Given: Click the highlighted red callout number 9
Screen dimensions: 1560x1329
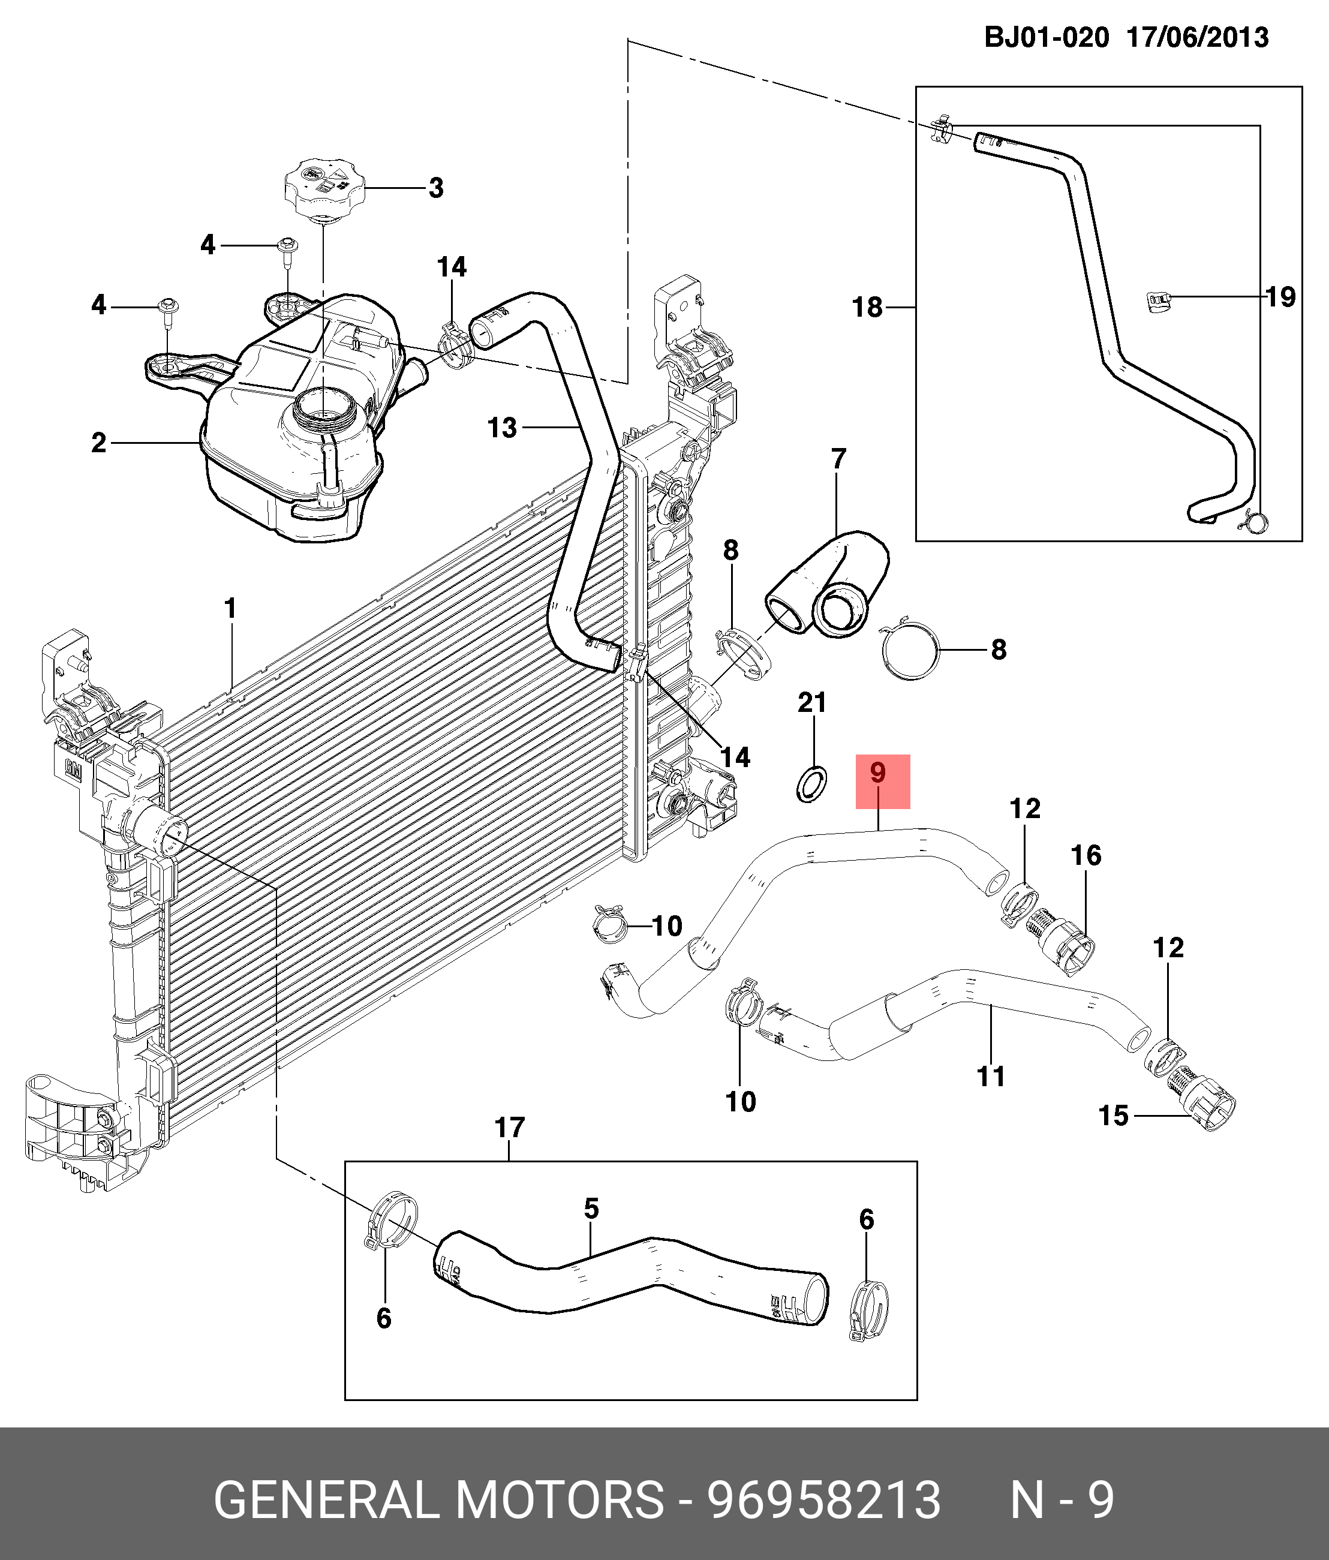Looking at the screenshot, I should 878,773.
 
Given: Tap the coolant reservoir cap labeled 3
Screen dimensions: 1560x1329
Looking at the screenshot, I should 324,186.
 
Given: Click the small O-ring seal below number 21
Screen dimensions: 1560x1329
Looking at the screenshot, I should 811,784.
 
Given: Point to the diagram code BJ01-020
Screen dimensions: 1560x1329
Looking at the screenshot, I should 1047,37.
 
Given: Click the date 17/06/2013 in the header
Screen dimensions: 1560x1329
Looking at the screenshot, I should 1197,37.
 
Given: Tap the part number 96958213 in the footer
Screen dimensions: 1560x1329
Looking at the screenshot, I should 823,1501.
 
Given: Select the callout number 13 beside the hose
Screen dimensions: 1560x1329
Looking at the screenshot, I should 502,428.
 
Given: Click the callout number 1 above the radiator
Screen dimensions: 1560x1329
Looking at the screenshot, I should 231,608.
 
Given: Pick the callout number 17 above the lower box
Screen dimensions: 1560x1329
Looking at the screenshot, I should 510,1128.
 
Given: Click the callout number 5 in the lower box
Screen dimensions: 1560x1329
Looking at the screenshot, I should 591,1209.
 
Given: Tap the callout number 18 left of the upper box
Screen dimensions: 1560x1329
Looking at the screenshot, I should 867,307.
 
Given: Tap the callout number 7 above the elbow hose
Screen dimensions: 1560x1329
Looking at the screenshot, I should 839,458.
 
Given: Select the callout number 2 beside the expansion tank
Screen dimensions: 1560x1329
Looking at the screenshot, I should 98,443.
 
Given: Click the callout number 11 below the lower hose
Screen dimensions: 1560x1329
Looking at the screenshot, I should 991,1077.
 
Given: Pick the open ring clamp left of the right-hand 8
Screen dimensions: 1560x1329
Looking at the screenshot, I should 911,651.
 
